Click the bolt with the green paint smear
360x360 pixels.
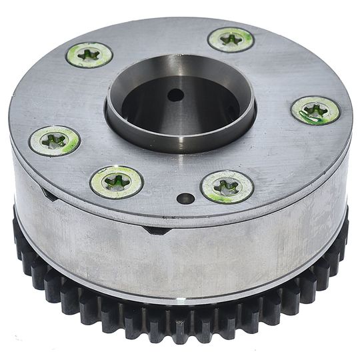[315, 110]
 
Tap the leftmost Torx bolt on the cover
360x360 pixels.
[55, 140]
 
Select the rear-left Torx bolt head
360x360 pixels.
[89, 55]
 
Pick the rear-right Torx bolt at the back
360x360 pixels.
[231, 39]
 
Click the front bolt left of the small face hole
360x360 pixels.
[117, 181]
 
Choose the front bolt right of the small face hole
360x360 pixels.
[227, 187]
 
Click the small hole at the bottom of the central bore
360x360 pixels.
[175, 95]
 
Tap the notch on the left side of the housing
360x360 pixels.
[47, 194]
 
